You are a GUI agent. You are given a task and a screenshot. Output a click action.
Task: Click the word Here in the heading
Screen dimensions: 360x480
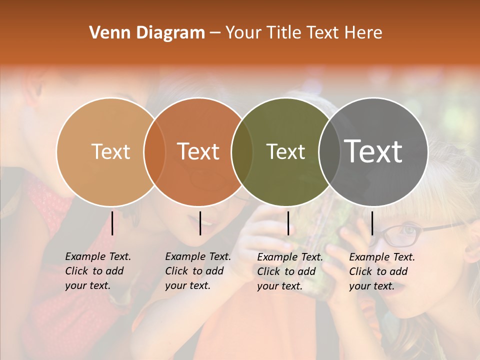coord(364,33)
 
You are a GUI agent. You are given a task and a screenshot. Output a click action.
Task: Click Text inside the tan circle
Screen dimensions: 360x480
coord(111,151)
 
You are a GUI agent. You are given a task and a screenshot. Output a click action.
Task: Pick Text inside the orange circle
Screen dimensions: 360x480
coord(198,151)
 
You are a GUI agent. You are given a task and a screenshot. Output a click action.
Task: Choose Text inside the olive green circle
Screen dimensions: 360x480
coord(285,151)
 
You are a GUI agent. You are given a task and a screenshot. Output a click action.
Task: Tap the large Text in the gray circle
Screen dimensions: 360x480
coord(373,151)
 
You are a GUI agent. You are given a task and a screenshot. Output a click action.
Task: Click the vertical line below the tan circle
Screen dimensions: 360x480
coord(112,223)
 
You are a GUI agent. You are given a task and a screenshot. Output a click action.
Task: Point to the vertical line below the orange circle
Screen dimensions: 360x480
coord(200,223)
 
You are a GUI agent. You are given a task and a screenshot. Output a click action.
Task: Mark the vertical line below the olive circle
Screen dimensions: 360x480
coord(288,223)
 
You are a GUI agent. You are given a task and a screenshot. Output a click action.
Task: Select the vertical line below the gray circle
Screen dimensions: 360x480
coord(372,223)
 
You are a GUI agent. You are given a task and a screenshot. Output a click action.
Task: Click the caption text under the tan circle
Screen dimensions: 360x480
coord(97,271)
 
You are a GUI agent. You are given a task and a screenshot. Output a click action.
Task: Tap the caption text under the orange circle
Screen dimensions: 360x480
coord(197,271)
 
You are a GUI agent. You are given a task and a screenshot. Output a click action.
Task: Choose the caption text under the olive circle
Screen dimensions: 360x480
coord(289,271)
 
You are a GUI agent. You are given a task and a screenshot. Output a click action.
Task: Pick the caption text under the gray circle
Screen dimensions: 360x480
coord(381,271)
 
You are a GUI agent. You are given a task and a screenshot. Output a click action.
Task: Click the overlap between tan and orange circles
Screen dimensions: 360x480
coord(154,151)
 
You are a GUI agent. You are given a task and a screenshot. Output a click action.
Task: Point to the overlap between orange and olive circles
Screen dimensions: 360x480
coord(242,151)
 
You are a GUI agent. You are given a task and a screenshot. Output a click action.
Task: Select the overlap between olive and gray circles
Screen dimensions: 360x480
coord(328,151)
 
